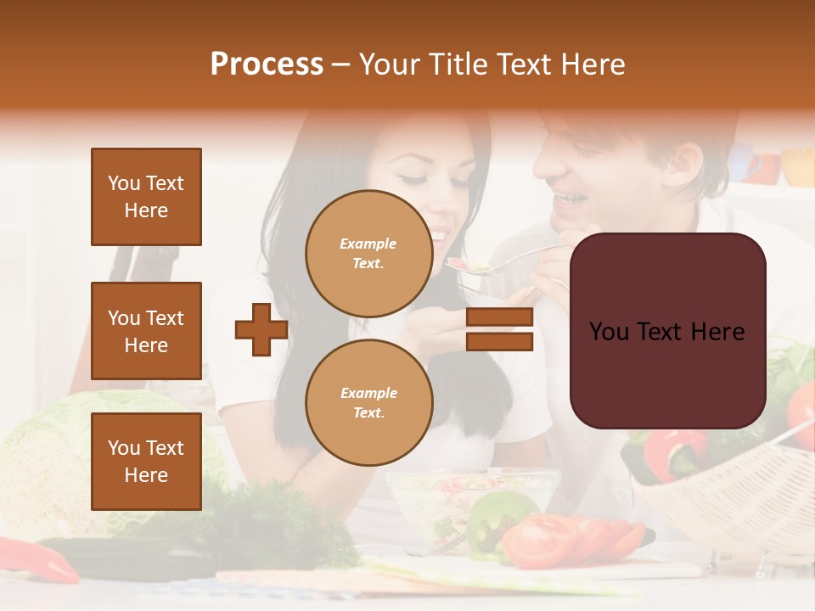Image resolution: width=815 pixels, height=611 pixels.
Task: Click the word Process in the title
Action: [267, 64]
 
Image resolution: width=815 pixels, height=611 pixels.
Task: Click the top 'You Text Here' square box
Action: [146, 197]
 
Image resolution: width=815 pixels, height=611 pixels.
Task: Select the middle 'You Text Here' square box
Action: [146, 331]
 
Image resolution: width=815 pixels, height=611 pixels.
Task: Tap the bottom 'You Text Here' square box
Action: [146, 461]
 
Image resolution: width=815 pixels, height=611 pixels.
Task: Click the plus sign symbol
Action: [261, 329]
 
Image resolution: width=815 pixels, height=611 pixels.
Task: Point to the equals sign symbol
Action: [499, 329]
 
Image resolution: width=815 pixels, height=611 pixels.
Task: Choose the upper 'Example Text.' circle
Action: [368, 253]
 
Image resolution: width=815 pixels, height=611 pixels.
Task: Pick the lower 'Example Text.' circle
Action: [368, 402]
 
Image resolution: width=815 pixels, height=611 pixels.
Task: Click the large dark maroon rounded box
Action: [667, 331]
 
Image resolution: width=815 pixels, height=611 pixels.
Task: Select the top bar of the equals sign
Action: [499, 317]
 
